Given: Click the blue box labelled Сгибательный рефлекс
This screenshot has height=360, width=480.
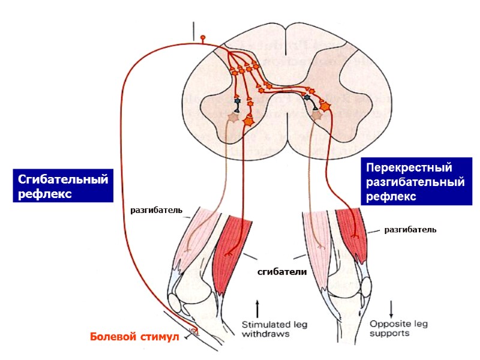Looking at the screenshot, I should pos(61,187).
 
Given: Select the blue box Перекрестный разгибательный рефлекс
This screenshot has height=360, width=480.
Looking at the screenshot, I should pos(415,181).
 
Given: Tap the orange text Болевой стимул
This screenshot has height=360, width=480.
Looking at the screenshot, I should pos(134,337).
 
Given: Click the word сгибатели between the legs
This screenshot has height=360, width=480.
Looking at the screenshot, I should pos(282,272).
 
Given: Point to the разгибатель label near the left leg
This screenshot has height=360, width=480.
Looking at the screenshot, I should pos(157,211).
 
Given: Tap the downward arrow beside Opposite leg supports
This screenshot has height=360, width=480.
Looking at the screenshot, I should pos(391,308).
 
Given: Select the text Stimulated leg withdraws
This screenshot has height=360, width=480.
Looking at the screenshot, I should pos(274,328).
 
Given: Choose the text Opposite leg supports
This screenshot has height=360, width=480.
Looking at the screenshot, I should pos(389,328).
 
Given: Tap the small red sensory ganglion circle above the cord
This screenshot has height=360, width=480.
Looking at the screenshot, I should pos(203,38).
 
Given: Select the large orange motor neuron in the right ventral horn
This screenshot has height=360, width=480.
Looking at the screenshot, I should pos(326,107).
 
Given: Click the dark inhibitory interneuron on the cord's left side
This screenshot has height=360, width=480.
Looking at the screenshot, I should pos(238,103).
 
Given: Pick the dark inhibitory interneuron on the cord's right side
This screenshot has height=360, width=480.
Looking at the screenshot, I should pos(307,97).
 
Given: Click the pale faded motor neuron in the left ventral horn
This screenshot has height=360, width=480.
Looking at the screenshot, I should pos(232,118).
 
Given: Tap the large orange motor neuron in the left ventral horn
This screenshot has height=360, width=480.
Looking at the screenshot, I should pos(248,120).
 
